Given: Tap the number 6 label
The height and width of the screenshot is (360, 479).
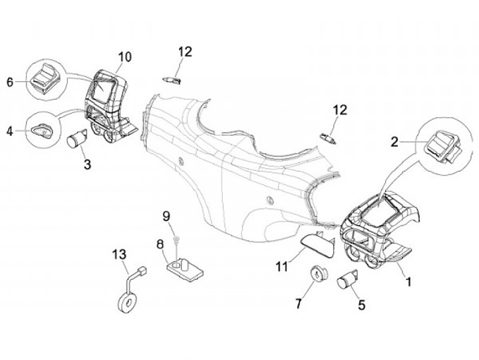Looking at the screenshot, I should [x=10, y=82].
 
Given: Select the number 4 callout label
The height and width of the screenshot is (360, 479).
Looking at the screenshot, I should [x=9, y=131].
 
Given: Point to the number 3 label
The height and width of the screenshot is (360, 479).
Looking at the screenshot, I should [x=86, y=164].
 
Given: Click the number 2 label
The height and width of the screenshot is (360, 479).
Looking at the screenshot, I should [x=394, y=141].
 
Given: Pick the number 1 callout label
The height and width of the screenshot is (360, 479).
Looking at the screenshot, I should [x=408, y=282].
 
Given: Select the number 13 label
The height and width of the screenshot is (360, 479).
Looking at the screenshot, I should [x=118, y=254].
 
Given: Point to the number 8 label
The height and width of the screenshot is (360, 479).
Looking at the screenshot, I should [x=160, y=244].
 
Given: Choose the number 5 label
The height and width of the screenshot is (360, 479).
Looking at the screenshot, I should [x=362, y=305].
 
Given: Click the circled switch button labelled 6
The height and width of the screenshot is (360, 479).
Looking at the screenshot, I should [x=45, y=79].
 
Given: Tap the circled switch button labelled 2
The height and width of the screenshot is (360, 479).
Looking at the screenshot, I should [x=438, y=142].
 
